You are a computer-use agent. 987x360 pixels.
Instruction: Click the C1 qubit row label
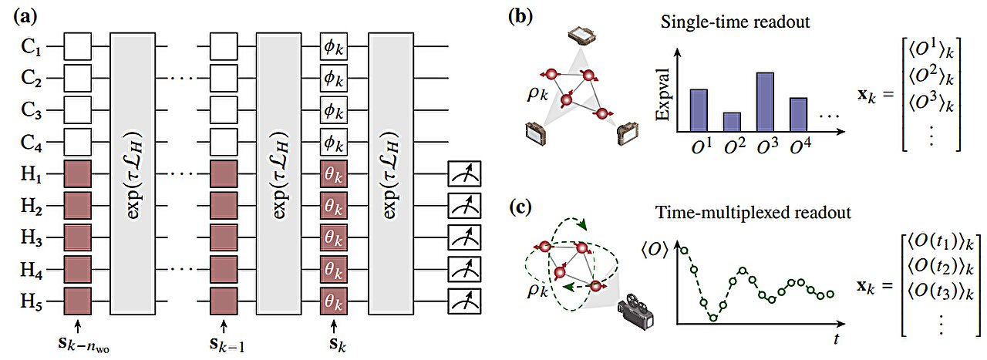(x=32, y=48)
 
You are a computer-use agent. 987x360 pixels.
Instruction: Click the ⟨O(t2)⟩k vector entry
(x=945, y=268)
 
